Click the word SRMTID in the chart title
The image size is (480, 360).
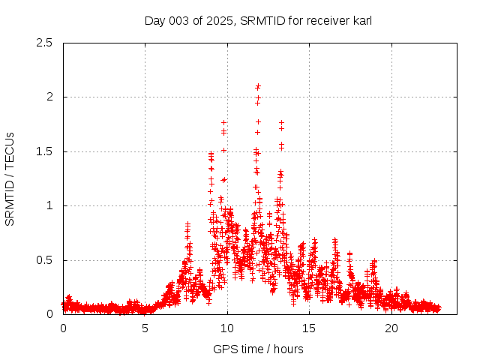tap(259, 21)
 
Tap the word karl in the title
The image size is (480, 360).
tap(361, 21)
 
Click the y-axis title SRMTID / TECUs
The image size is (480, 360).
tap(10, 178)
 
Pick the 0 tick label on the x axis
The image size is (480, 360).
tap(63, 328)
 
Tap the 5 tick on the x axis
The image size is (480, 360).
tap(145, 328)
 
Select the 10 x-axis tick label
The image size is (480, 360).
tap(227, 328)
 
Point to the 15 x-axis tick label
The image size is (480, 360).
tap(309, 328)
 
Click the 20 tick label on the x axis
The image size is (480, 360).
tap(391, 328)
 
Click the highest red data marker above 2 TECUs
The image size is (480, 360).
tap(258, 86)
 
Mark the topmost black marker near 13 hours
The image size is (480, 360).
tap(282, 122)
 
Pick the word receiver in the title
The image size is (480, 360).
tap(325, 21)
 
